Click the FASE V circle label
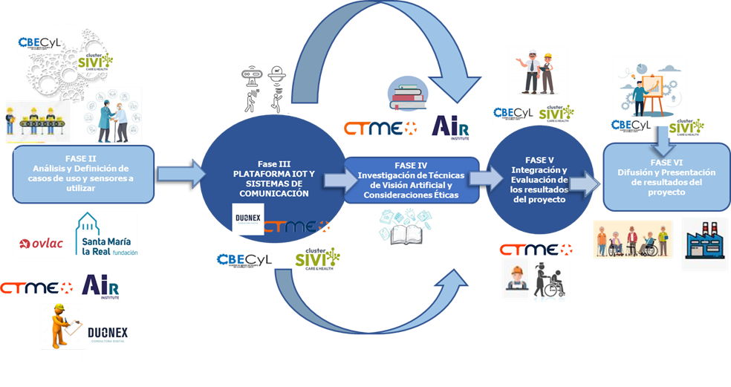click(x=540, y=179)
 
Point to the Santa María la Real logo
click(x=106, y=234)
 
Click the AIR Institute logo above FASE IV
click(x=451, y=127)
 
